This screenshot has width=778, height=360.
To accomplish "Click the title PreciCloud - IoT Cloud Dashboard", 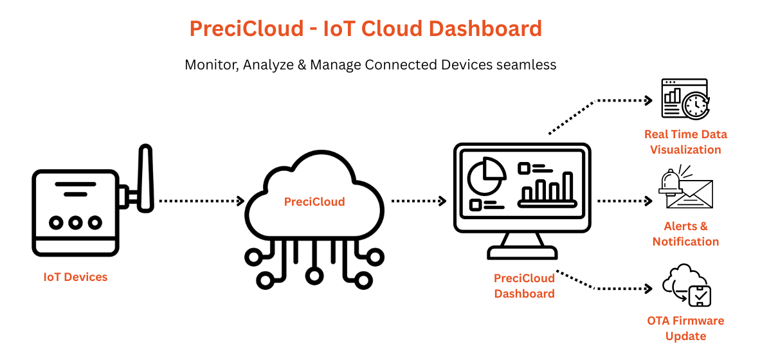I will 365,29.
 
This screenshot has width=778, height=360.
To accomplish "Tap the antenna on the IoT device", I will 146,179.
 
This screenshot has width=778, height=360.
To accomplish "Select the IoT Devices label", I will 75,278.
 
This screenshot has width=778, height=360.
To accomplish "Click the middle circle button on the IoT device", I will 75,222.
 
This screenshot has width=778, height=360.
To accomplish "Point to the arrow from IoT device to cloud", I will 201,201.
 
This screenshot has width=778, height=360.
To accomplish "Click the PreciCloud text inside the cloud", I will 314,202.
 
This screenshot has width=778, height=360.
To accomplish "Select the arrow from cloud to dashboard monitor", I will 419,201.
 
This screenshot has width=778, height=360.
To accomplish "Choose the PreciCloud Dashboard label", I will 524,286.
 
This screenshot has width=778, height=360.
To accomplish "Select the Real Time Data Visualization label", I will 685,142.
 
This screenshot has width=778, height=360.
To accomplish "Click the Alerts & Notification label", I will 685,234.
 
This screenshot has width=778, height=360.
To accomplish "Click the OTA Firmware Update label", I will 685,328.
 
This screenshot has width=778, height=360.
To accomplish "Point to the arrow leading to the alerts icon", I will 624,201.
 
